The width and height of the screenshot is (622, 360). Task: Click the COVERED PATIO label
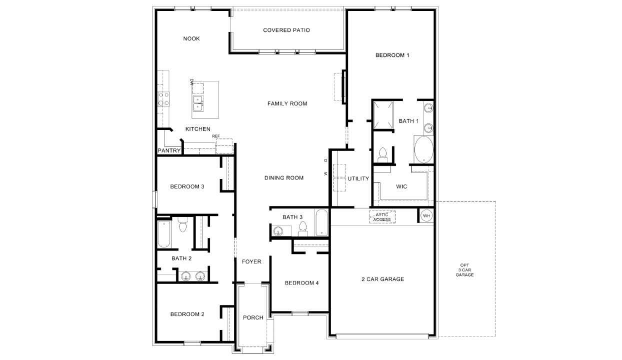pos(286,30)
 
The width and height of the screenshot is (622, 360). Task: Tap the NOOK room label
pos(191,39)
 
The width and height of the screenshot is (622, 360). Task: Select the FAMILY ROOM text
pos(287,103)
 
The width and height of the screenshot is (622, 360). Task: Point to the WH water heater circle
pos(426,216)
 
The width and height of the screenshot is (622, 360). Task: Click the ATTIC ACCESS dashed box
pos(382,217)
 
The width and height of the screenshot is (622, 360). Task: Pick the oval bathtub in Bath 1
pos(423,149)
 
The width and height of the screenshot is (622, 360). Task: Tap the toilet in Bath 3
pos(302,229)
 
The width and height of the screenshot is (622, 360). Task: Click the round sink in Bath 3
pos(278,230)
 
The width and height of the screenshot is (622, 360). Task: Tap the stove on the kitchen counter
pos(163,99)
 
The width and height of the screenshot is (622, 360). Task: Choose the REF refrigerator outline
pos(224,145)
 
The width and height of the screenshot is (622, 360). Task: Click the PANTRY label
pos(169,150)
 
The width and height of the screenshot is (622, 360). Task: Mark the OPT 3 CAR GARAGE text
pos(464,270)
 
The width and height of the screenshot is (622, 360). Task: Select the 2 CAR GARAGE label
pos(382,279)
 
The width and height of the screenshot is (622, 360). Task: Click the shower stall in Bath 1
pos(383,114)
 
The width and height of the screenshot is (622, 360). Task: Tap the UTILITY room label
pos(358,178)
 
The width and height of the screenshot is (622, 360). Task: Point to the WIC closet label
pos(401,186)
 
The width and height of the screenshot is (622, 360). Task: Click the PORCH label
pos(253,317)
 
